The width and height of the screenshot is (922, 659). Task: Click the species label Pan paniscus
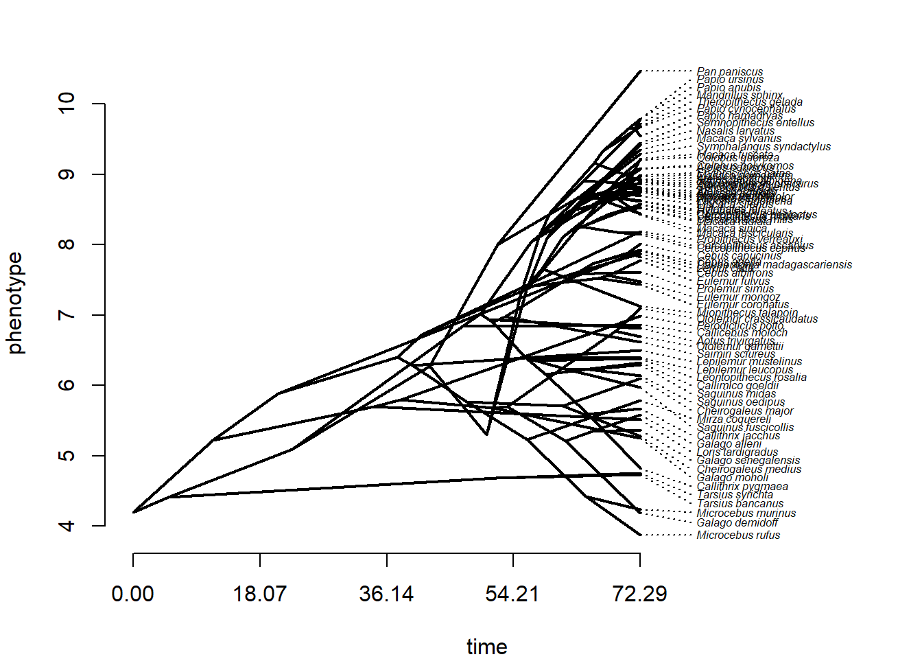coord(729,71)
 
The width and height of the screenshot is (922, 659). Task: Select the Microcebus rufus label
coord(738,535)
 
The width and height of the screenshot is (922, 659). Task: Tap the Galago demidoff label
coord(737,523)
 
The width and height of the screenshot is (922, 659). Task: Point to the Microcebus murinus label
coord(746,513)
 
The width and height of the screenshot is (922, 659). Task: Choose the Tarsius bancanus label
coord(740,504)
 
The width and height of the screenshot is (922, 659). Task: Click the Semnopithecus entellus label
coord(755,123)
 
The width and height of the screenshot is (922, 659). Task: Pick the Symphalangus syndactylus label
coord(764,147)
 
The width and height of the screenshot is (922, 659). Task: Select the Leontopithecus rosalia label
coord(751,378)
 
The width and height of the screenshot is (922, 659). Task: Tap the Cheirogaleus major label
coord(744,411)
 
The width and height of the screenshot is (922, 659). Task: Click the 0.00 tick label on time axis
coord(132,594)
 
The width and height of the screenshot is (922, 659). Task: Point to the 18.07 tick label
coord(259,594)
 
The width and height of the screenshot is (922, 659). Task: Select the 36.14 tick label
coord(386,594)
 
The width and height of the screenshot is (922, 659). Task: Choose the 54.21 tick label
coord(512,594)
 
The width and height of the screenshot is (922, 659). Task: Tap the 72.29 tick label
coord(639,594)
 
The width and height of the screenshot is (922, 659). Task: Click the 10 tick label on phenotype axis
coord(67,104)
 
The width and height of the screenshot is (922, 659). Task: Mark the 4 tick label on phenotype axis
coord(67,526)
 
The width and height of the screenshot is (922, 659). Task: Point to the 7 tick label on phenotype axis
coord(67,315)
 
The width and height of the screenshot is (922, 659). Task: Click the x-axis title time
coord(486,647)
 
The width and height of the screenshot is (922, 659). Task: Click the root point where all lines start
coord(133,512)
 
